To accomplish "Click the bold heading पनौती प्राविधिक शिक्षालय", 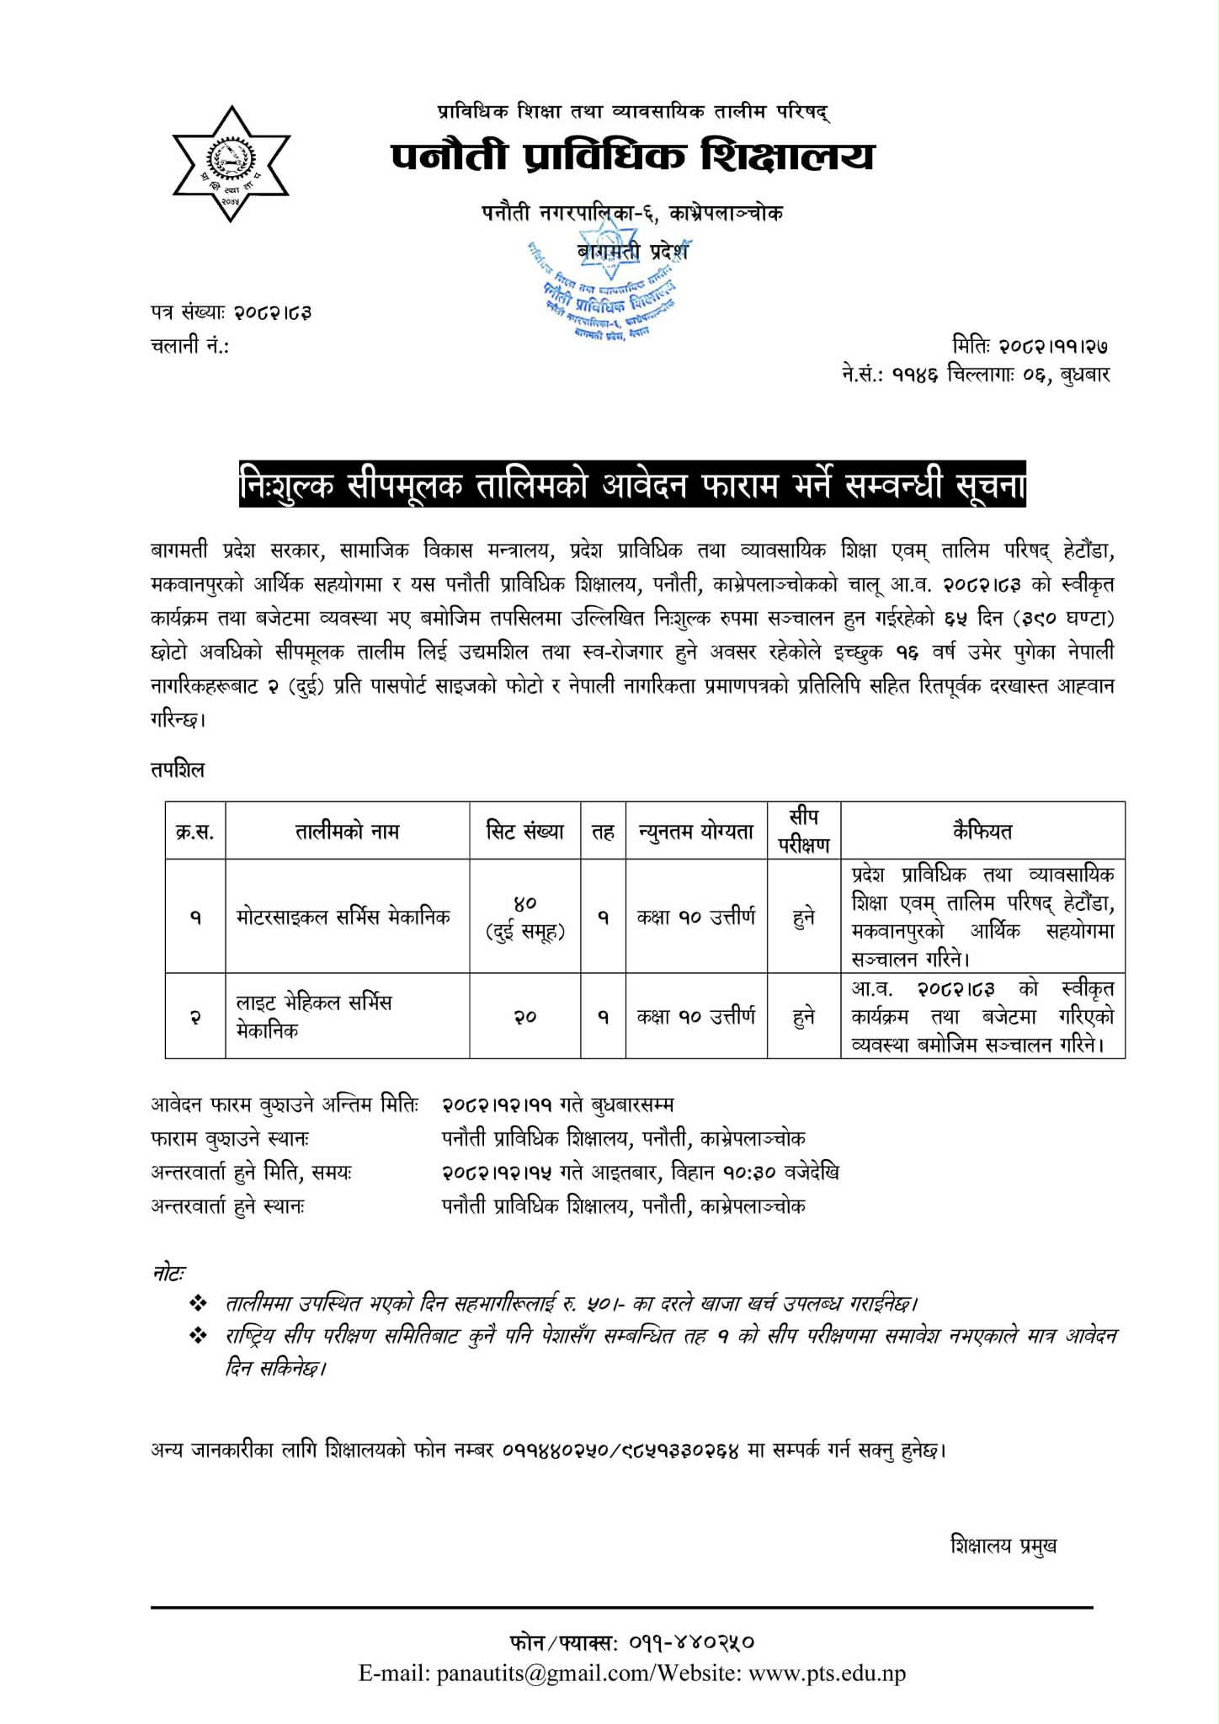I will click(632, 157).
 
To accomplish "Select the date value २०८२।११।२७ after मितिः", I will click(1052, 345).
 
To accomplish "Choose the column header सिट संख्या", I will click(525, 832).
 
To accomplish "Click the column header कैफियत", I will click(982, 832).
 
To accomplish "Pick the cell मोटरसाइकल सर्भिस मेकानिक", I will click(343, 916).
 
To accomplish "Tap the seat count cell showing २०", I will click(525, 1017).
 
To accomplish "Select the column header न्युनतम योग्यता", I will click(696, 832).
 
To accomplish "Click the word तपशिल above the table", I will click(178, 769).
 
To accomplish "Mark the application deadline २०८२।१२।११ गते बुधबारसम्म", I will click(556, 1104).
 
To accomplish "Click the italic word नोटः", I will click(168, 1274).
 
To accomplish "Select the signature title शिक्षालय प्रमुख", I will click(1003, 1546).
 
